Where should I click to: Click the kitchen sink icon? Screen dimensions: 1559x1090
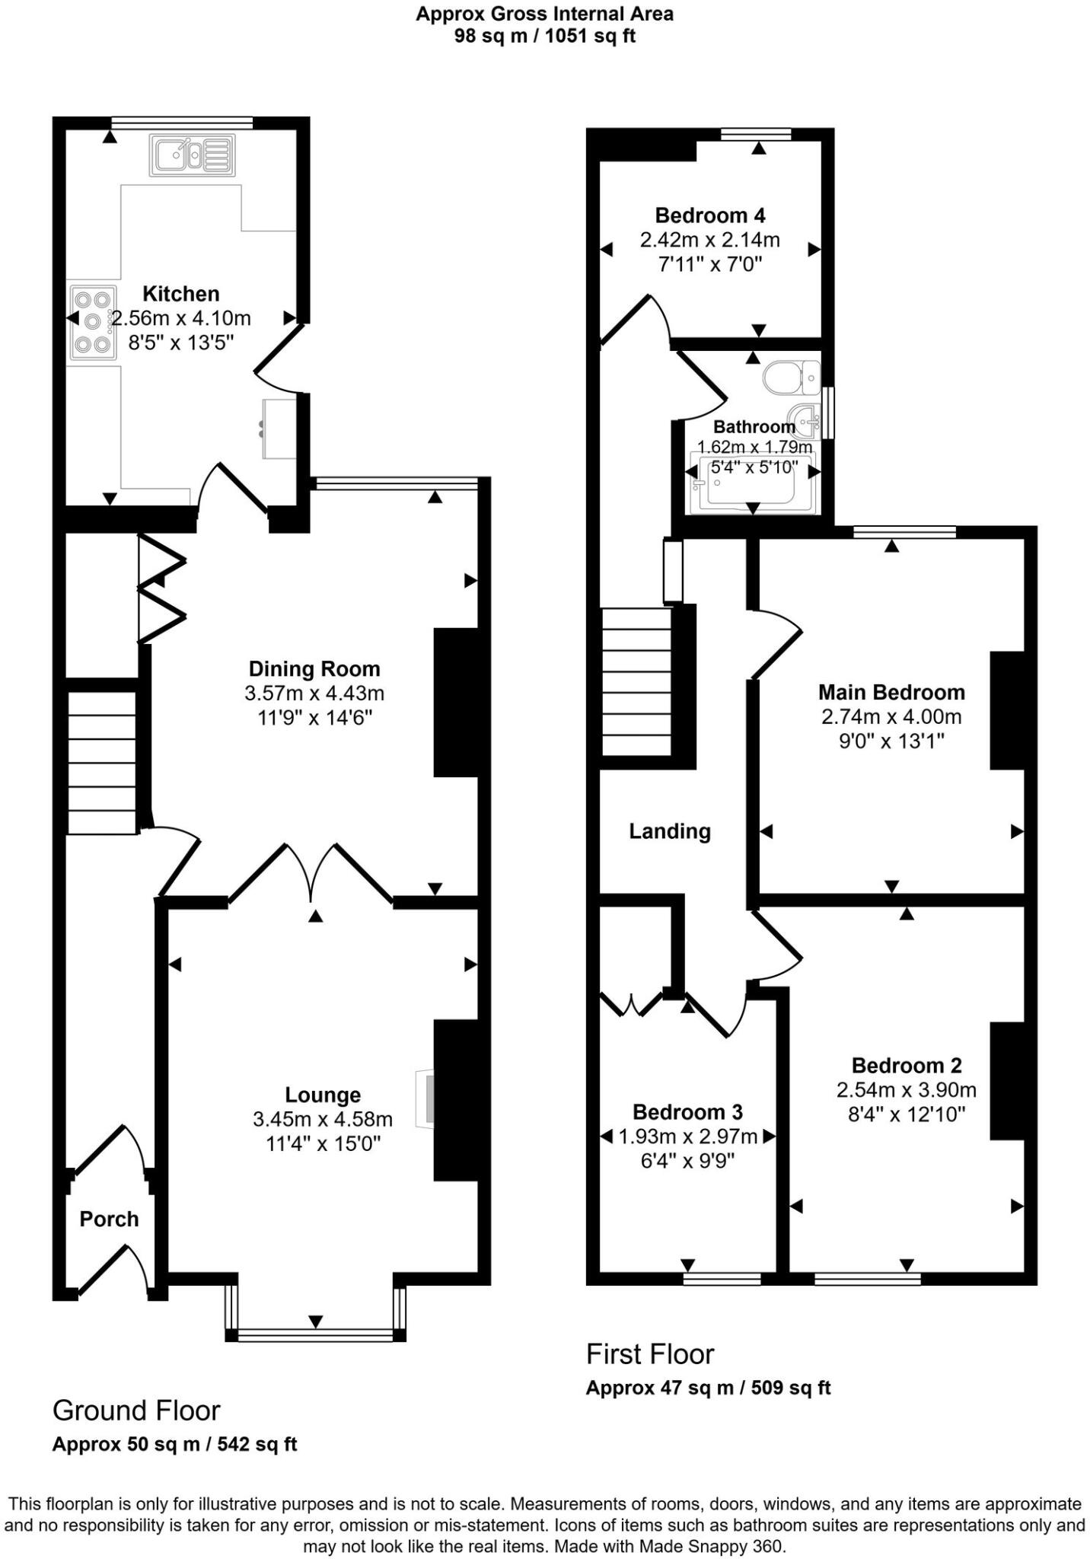point(193,155)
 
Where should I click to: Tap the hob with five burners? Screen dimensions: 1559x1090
point(92,321)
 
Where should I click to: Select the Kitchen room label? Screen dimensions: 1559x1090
point(181,294)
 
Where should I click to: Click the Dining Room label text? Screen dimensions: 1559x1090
point(314,669)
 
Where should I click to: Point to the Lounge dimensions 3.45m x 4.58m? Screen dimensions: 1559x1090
point(323,1119)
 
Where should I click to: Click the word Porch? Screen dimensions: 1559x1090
point(109,1219)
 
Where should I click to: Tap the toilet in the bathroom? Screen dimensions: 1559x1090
point(790,378)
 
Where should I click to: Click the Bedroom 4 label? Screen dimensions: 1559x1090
point(710,215)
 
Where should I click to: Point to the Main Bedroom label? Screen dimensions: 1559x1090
point(891,692)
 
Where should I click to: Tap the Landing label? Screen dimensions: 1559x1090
point(670,831)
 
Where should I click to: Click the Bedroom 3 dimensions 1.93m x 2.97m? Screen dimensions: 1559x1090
point(688,1137)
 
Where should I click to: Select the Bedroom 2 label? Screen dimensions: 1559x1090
point(907,1065)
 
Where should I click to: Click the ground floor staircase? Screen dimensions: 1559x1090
point(102,762)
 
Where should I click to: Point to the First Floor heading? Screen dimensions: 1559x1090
point(649,1354)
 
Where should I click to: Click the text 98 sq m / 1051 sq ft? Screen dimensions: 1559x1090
point(544,36)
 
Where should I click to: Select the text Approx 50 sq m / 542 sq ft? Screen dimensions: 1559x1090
point(174,1444)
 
